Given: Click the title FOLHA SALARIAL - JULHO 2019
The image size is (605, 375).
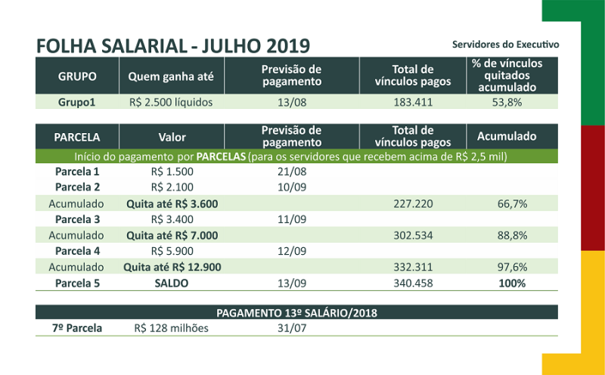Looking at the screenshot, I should (x=172, y=44).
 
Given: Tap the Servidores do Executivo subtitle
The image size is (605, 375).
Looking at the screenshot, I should (x=505, y=45).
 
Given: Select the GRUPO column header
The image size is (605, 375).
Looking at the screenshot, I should (x=77, y=76).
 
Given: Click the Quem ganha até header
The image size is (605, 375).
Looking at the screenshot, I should (x=171, y=76).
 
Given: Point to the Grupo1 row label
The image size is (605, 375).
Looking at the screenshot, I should (x=77, y=102).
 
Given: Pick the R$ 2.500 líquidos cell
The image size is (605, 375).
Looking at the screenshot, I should (x=171, y=102).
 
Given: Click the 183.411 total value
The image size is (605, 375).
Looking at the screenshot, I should (x=413, y=102).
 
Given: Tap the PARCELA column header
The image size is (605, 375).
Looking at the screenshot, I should (x=77, y=138).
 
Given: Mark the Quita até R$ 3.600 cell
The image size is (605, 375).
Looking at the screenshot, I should (x=172, y=203).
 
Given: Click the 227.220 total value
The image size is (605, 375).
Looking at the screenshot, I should (x=413, y=203).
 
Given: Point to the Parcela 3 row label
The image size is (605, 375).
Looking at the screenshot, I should (x=77, y=220).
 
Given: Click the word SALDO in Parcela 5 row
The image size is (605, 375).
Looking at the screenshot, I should (x=172, y=284).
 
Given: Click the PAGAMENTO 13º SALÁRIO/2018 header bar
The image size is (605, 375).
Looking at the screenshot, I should (x=296, y=312).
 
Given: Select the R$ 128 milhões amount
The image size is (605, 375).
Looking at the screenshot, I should (x=172, y=328).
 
